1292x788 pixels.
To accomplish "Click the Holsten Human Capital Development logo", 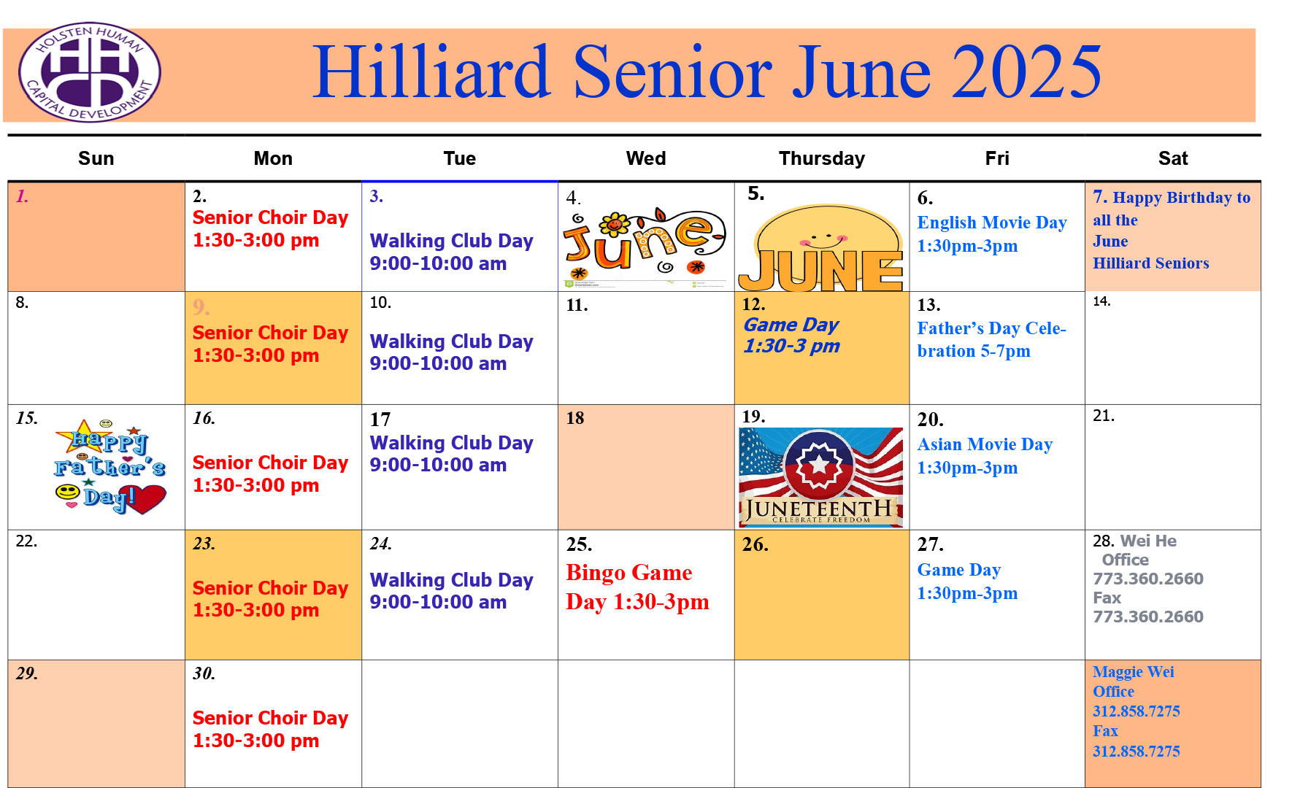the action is point(90,72).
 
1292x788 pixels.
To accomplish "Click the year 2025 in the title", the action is point(1027,72).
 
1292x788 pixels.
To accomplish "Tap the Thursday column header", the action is point(822,158).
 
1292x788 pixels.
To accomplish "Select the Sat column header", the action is point(1173,158).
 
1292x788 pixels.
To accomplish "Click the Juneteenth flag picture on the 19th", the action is point(821,477).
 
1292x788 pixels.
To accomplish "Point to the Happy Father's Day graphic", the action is point(110,466).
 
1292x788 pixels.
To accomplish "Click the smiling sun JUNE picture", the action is point(821,248).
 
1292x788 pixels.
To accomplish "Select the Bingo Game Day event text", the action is point(637,587).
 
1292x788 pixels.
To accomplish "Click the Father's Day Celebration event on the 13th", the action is point(991,339).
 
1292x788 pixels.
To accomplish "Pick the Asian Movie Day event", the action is point(985,455).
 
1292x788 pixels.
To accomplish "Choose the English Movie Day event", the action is point(992,233).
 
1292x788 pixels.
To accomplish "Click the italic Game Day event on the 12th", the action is point(791,335).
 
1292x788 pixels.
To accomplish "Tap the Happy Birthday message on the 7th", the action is point(1172,230).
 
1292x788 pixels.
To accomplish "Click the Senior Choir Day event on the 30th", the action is point(270,729).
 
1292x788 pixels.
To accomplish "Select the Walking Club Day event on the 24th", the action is point(451,591).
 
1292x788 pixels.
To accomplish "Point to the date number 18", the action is point(575,418).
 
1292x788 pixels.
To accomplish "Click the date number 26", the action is point(755,544).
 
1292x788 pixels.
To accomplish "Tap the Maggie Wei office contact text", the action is point(1136,711).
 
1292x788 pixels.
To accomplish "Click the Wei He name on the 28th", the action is point(1148,541).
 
